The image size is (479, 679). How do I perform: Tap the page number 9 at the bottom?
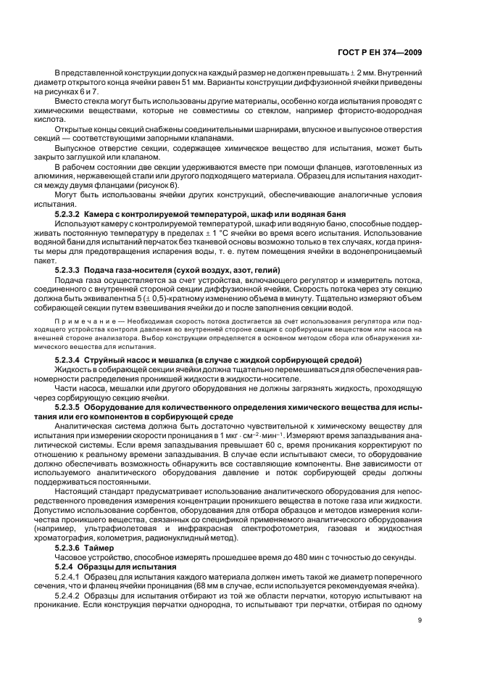point(420,620)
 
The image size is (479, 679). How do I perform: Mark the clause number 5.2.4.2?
point(67,593)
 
